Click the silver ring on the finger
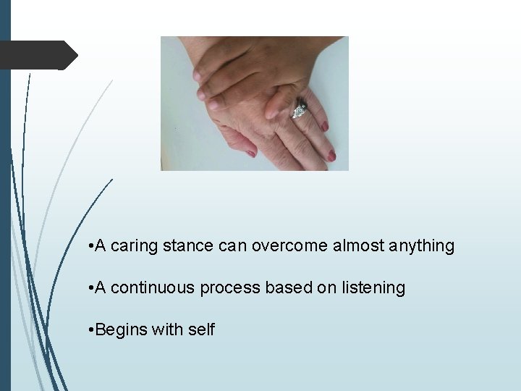(x=299, y=110)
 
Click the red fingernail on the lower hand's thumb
(x=250, y=153)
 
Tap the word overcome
(x=289, y=246)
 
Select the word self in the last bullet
(x=201, y=330)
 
